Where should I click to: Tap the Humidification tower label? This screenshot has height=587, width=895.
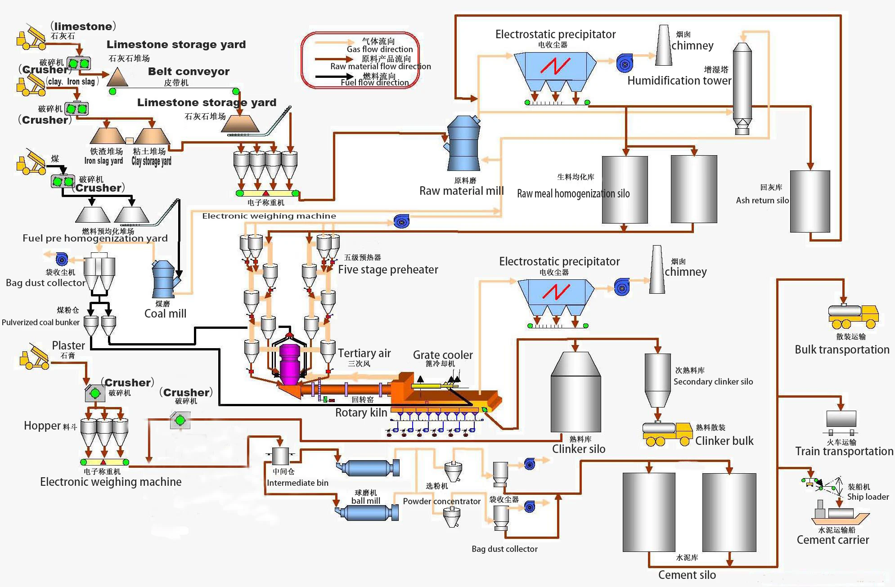(679, 81)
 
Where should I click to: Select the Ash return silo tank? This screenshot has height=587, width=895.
(810, 201)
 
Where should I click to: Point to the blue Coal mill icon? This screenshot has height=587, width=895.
(164, 280)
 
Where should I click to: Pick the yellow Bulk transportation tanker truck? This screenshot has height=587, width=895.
(853, 316)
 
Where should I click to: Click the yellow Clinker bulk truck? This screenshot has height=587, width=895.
(667, 434)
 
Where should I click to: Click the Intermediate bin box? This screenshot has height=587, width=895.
(281, 456)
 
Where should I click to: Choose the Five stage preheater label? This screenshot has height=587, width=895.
(388, 269)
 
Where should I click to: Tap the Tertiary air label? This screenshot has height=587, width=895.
(364, 354)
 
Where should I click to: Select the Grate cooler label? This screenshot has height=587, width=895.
(443, 355)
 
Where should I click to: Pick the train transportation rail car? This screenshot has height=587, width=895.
(841, 419)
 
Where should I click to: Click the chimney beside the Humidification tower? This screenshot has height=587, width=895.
(663, 46)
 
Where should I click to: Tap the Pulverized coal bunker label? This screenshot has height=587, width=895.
(40, 322)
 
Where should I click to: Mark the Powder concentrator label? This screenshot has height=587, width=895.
(441, 501)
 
